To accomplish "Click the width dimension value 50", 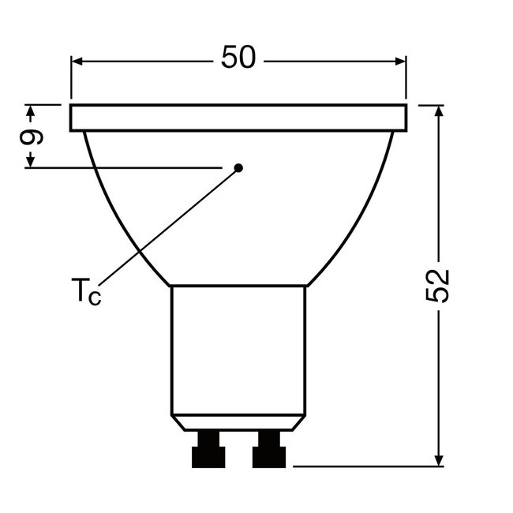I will (238, 60).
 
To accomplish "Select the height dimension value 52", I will (440, 286).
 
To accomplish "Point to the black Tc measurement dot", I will (239, 167).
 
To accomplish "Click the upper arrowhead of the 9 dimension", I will (32, 110).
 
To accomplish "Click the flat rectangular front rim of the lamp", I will (238, 118).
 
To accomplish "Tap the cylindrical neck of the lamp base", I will (238, 347).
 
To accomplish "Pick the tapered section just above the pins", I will (238, 422).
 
